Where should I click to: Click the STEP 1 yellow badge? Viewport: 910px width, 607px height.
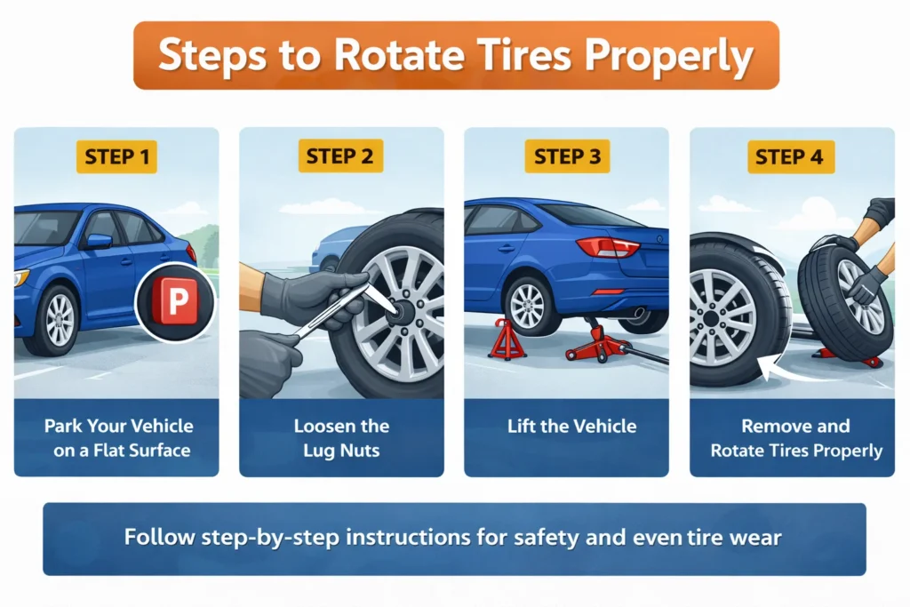[116, 157]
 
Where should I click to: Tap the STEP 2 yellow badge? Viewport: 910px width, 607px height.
[341, 157]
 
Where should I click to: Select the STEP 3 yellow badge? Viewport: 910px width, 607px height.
[567, 157]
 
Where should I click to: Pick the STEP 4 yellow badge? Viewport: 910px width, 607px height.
[790, 157]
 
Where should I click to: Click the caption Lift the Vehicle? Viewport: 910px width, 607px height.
[571, 426]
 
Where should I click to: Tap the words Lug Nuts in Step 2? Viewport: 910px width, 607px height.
[341, 451]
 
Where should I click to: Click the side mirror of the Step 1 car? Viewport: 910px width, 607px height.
[98, 242]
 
